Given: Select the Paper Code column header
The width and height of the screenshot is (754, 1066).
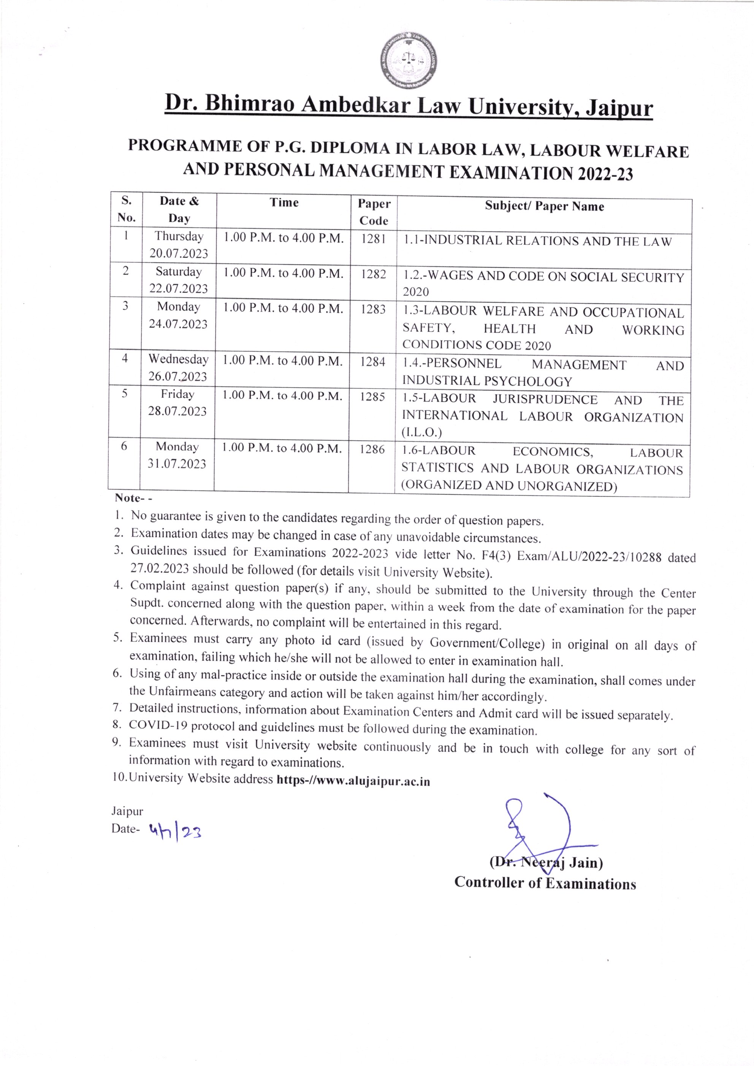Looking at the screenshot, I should point(374,212).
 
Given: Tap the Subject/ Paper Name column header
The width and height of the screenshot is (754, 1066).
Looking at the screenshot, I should point(544,207).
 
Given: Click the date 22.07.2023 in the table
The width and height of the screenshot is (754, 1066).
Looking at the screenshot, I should point(178,289).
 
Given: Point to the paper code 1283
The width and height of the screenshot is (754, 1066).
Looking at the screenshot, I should point(373,309).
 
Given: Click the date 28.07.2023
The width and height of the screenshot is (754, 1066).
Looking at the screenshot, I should point(177,411).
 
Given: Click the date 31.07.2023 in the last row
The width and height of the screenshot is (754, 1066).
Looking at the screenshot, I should point(177,464).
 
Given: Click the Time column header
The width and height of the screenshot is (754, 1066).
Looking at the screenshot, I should point(284,203).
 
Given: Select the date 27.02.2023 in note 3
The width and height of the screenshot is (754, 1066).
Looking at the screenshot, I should point(159,568).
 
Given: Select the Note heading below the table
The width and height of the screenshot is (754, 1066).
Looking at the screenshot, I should point(128,498).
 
